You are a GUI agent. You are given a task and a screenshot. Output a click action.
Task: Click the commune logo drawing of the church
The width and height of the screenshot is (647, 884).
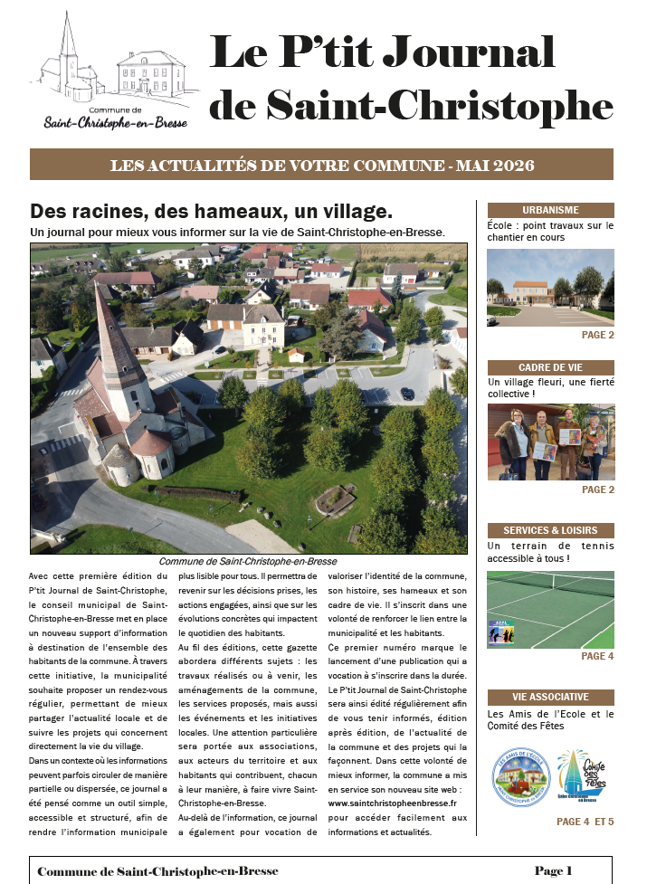coord(68,59)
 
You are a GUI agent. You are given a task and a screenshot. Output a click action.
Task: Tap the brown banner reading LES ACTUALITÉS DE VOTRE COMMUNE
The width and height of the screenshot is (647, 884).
coord(322,166)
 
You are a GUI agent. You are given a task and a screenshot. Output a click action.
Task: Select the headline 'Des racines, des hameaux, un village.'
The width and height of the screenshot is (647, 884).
coord(211,211)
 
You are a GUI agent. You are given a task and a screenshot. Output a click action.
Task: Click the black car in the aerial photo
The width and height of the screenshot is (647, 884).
coord(406,394)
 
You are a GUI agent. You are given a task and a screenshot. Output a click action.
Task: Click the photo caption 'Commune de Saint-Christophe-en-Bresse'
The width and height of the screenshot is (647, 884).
coord(247,561)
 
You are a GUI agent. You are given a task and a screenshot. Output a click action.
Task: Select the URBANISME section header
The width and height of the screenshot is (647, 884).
coord(550,210)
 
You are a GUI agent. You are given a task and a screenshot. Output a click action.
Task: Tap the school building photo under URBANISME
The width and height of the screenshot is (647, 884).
coord(550,287)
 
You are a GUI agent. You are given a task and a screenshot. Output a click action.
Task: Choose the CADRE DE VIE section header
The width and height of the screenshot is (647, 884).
coord(550,367)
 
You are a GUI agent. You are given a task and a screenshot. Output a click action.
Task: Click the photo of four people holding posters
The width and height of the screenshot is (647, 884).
coord(550,442)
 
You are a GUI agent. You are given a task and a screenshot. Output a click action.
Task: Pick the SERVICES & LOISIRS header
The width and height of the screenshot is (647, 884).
coord(550,530)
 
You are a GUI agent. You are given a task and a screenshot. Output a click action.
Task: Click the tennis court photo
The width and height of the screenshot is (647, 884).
coord(550,609)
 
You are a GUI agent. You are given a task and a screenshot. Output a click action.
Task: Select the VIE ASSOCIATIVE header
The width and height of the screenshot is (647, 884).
coord(550,697)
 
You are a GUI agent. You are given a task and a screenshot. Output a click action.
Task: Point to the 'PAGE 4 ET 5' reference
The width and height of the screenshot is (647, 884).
coord(585,822)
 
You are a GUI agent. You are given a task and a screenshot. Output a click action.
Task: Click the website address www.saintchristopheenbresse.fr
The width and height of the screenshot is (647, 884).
coord(392,802)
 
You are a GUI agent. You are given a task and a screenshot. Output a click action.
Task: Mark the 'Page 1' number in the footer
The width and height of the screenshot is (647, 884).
coord(554,870)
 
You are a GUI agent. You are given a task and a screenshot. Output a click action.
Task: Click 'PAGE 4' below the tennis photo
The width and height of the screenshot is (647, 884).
coord(597,656)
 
